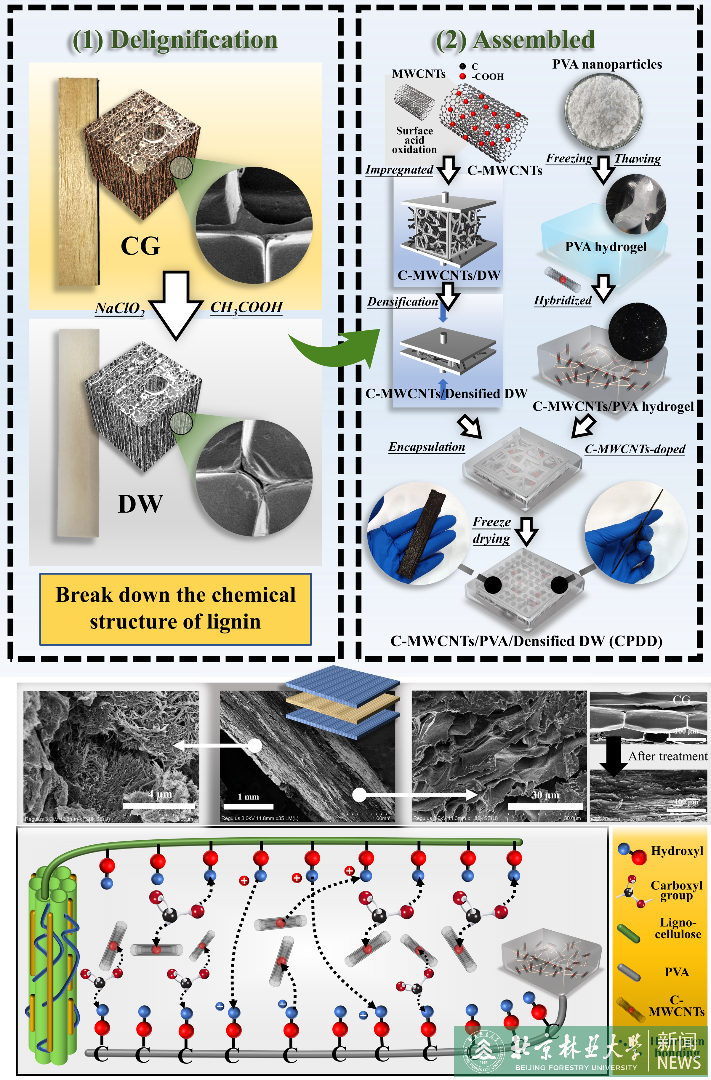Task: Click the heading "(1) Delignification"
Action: tap(175, 40)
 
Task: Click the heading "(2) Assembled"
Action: tap(515, 40)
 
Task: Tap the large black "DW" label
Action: tap(140, 504)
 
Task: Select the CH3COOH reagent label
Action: tap(246, 308)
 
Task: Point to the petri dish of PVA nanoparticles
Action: tap(604, 111)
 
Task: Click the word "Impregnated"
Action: tap(399, 170)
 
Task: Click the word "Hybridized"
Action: tap(563, 300)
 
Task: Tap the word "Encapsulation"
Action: tap(427, 447)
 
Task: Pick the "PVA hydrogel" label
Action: tap(606, 247)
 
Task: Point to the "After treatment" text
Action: tap(667, 756)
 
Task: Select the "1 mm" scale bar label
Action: tap(248, 797)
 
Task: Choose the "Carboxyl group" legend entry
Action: tap(676, 890)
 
